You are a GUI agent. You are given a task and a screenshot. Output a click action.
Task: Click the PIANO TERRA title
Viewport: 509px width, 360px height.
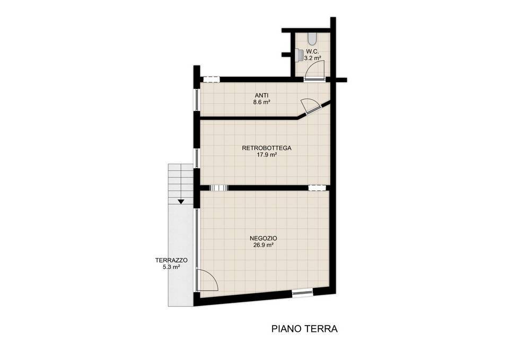[x=304, y=329]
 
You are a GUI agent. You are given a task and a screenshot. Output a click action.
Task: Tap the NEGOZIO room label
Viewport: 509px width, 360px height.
[x=264, y=238]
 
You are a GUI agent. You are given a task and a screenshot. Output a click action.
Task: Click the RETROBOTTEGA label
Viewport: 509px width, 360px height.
[x=267, y=148]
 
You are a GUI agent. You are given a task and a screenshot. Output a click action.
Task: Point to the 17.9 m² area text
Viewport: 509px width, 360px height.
[x=267, y=155]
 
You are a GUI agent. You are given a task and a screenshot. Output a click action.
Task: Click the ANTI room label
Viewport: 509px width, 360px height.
[x=261, y=95]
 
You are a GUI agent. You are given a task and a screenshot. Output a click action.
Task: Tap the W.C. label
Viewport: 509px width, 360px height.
[x=312, y=51]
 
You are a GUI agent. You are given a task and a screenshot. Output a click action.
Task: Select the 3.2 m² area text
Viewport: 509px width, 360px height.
[x=312, y=58]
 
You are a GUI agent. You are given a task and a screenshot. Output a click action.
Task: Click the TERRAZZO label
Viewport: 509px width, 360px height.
[x=171, y=260]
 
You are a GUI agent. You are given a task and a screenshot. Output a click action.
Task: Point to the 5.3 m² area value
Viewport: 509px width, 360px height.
[x=172, y=267]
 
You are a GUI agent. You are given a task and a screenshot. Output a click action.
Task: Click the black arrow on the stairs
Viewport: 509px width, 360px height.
[x=181, y=201]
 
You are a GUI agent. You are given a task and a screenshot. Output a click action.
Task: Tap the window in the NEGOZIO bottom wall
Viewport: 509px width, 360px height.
[x=302, y=293]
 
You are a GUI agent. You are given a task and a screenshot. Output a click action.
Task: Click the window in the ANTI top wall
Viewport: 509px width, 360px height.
[x=212, y=79]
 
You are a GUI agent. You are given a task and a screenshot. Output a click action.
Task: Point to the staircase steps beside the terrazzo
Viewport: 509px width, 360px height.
[x=180, y=184]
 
